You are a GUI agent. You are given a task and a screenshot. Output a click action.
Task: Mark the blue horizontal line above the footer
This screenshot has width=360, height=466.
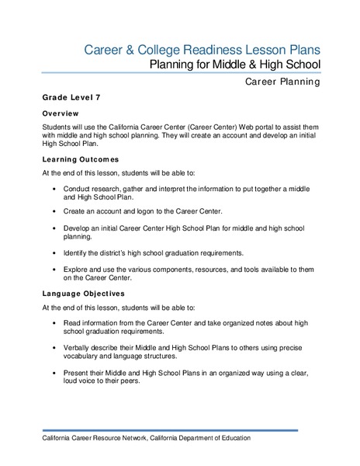[180, 429]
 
